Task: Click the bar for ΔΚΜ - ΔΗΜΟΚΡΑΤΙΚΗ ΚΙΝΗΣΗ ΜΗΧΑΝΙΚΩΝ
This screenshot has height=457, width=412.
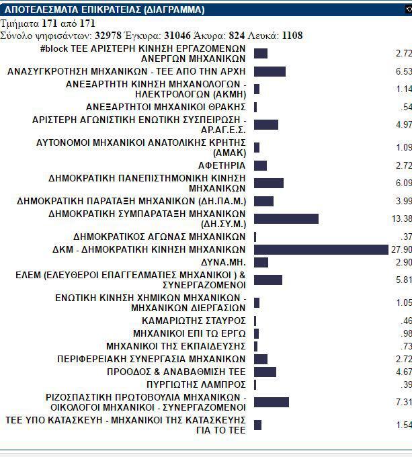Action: pos(321,249)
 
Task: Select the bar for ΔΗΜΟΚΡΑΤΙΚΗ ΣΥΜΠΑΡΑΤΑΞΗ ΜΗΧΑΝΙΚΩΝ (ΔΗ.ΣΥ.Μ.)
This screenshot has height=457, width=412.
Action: pos(286,218)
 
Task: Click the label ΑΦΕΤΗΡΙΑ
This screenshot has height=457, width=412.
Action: pos(222,165)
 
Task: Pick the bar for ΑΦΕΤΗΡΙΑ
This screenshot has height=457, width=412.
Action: pos(261,165)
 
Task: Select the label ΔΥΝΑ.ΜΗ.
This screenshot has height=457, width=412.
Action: pos(224,262)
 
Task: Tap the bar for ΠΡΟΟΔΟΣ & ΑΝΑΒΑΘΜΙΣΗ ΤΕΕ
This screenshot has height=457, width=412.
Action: pos(265,372)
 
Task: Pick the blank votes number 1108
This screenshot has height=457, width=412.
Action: pos(293,35)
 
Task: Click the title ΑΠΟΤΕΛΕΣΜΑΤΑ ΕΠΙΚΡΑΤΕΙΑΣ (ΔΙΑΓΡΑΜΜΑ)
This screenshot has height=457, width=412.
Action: pos(105,10)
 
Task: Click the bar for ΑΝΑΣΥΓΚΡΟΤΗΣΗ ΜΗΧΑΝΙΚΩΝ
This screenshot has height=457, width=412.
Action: pos(270,71)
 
